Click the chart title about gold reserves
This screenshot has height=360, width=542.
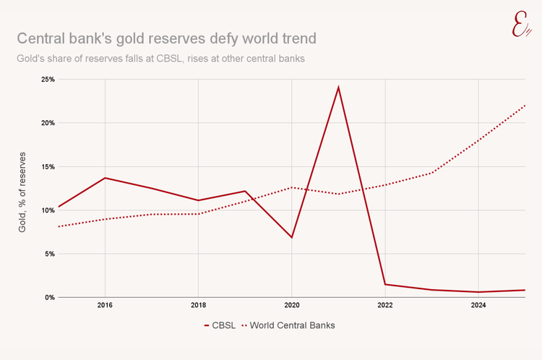[x=166, y=37]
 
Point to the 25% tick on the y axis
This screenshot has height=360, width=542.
[x=47, y=80]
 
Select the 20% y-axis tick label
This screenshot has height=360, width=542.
[x=47, y=123]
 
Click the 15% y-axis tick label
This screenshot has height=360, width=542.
[x=47, y=167]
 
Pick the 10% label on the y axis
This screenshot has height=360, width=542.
[x=47, y=210]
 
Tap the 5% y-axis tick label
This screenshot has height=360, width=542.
[x=48, y=254]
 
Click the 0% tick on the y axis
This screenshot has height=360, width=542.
[x=48, y=297]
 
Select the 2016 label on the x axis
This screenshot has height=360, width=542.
[x=105, y=306]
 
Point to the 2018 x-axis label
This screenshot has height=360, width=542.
[x=198, y=306]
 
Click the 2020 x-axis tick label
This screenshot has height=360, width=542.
[x=291, y=306]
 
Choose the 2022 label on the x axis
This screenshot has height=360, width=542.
[x=384, y=306]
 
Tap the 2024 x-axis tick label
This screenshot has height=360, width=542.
[x=478, y=306]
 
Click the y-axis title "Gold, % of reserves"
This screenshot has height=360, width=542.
[x=22, y=192]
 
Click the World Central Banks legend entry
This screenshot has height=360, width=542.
[x=293, y=325]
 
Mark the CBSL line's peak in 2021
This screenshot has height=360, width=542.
[x=338, y=87]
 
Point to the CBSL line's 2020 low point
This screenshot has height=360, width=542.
[x=291, y=237]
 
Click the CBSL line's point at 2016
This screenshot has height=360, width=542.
[x=105, y=178]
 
